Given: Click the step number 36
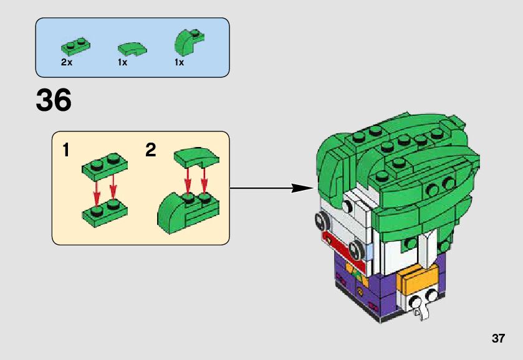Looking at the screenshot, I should [54, 100].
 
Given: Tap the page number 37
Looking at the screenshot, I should [497, 339].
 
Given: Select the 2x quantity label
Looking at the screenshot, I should [67, 62].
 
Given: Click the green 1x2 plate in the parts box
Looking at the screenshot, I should [75, 45].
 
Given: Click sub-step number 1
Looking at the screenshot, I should [66, 150].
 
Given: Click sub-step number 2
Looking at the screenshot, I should [150, 150].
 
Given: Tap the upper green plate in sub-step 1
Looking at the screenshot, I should [103, 164].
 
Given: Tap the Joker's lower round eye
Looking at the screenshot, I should [356, 250].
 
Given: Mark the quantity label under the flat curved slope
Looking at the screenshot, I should [122, 62].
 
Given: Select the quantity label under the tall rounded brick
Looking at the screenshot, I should [179, 62].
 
